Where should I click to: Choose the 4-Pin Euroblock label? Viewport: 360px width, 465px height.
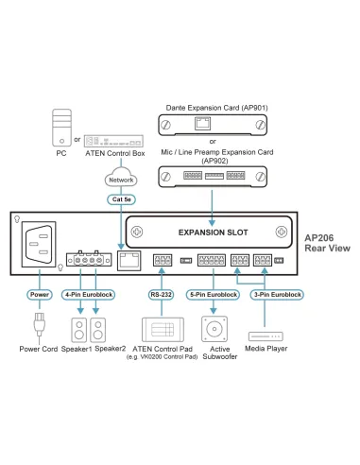point(89,295)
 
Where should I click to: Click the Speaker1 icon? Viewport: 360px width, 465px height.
point(81,331)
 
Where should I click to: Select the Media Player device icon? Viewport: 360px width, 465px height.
point(265,336)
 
